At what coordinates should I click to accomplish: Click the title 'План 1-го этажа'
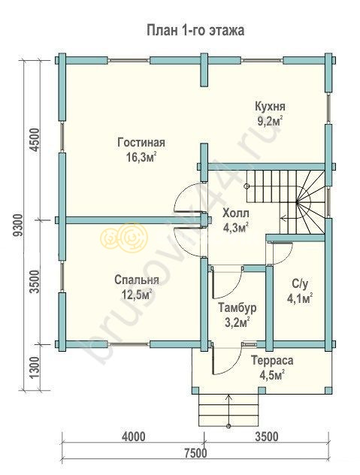coord(195,31)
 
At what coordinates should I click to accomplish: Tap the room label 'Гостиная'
coord(141,142)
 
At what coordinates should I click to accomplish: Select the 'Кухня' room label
coord(270,107)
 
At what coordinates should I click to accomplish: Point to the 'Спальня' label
coord(136,280)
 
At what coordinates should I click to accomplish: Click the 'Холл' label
coord(236,213)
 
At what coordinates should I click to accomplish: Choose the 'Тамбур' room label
coord(237,307)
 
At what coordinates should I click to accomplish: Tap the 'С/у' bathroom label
coord(300,284)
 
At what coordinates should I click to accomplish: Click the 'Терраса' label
coord(272,361)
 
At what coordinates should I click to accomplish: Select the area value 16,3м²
coord(141,157)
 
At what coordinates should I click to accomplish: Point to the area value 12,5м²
coord(136,294)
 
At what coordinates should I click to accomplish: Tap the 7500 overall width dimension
coord(195,453)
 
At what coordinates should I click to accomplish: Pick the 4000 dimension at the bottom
coord(133,437)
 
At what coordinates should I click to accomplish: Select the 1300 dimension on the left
coord(35,368)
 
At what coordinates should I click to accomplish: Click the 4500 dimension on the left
coord(35,140)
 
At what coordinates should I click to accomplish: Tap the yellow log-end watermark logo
coord(124,237)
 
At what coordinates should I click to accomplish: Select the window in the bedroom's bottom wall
coord(129,343)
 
